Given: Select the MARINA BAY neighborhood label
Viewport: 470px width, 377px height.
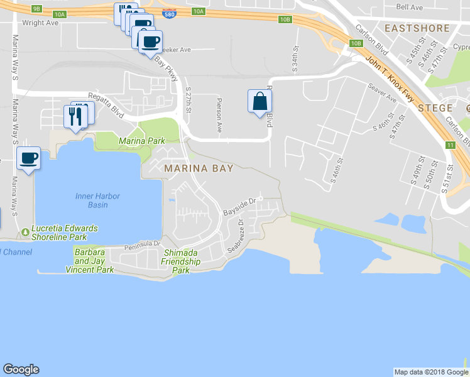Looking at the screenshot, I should pos(199,168).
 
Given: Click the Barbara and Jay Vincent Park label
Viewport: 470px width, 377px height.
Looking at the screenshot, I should pos(90,261).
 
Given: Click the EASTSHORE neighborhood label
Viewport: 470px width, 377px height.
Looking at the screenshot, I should pos(417,28).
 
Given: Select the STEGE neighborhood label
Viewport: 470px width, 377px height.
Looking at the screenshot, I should pos(435,108).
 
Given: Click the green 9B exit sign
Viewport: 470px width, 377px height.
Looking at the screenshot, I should pos(36,9).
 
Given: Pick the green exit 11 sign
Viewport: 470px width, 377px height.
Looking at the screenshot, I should pos(451,145).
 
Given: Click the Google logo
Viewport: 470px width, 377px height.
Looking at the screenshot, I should pos(21,369).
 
